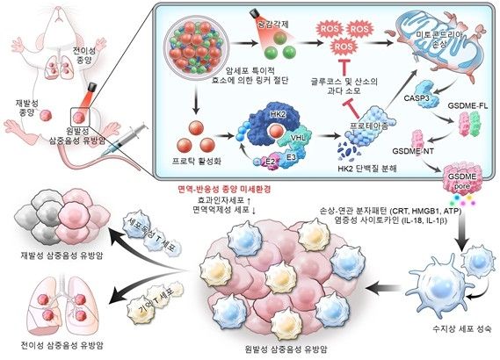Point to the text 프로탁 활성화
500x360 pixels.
pos(192,162)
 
